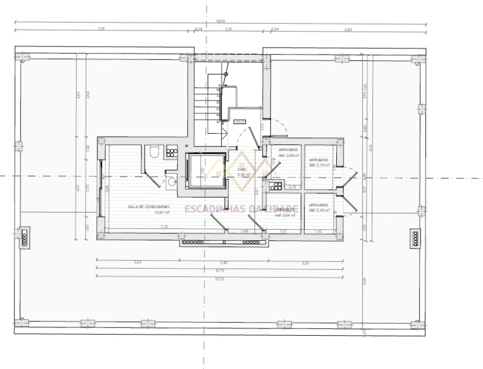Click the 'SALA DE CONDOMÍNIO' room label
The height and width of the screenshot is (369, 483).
point(149,207)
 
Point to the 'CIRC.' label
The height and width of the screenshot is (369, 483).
point(243,170)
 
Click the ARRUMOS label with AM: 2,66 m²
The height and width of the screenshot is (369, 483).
point(288,150)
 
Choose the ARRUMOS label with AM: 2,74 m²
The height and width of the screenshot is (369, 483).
point(318,160)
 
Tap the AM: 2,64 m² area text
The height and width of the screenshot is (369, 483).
point(286,215)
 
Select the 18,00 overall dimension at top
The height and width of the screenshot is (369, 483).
point(220,21)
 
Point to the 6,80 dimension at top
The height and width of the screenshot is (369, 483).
point(348,29)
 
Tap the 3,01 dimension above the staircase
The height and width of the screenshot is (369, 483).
point(229,29)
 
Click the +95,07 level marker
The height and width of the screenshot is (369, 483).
point(240,122)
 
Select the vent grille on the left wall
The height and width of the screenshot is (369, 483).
point(24,237)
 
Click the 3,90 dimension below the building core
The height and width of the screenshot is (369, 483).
point(220,262)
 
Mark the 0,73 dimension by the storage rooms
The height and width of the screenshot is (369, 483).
point(292,187)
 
